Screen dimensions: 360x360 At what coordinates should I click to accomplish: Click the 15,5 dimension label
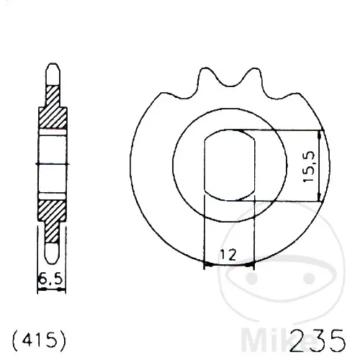coord(309,166)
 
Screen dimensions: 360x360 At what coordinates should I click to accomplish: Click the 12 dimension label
coord(228,255)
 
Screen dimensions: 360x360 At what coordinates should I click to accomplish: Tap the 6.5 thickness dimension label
coord(50,279)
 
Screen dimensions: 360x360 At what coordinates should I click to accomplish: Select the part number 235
coord(318,341)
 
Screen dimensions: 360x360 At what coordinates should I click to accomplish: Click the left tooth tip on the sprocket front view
coord(205,68)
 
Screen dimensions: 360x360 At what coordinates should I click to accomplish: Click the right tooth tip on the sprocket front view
coord(253,69)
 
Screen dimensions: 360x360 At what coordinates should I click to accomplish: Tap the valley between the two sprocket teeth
coord(230,85)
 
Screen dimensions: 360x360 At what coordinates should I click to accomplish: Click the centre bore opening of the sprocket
coord(230,165)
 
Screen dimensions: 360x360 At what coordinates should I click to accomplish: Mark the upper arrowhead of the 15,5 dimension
coord(319,135)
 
